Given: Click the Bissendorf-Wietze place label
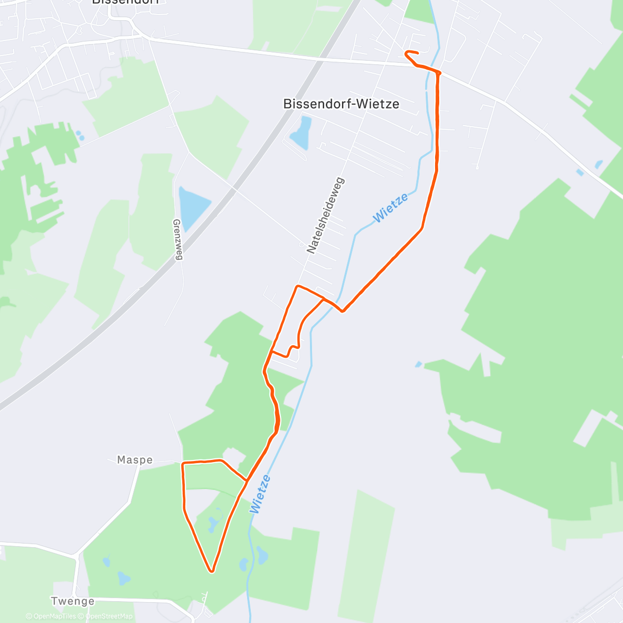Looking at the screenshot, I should tap(341, 104).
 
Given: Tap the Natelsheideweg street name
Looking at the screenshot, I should tap(326, 215).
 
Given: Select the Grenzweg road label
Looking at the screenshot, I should tap(178, 239).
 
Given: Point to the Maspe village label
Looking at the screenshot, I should tap(135, 460).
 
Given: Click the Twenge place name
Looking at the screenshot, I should tap(73, 601).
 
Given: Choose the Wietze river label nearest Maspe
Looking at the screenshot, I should tap(261, 494).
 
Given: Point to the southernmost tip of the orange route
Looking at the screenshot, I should tap(211, 572).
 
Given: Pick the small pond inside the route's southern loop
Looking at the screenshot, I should tap(213, 525).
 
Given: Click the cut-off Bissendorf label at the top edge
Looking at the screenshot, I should tap(125, 2).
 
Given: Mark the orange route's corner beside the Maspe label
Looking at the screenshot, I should tap(183, 463).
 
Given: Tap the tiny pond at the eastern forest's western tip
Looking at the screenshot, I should tap(418, 364).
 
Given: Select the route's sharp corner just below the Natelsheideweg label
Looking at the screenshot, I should tap(297, 286).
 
